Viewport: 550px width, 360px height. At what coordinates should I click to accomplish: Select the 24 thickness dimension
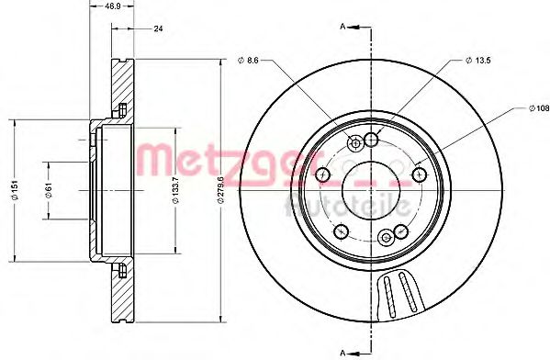pyautogui.click(x=158, y=29)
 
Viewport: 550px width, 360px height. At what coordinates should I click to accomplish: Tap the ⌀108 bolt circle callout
pyautogui.click(x=538, y=109)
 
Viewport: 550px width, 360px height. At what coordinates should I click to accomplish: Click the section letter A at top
pyautogui.click(x=342, y=27)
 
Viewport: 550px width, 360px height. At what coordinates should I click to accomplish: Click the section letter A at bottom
pyautogui.click(x=342, y=351)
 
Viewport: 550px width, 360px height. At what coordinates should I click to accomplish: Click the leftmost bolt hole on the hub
pyautogui.click(x=321, y=174)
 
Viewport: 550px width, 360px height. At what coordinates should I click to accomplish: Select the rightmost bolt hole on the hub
pyautogui.click(x=420, y=174)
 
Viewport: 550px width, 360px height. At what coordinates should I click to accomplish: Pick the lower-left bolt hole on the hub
pyautogui.click(x=341, y=231)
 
